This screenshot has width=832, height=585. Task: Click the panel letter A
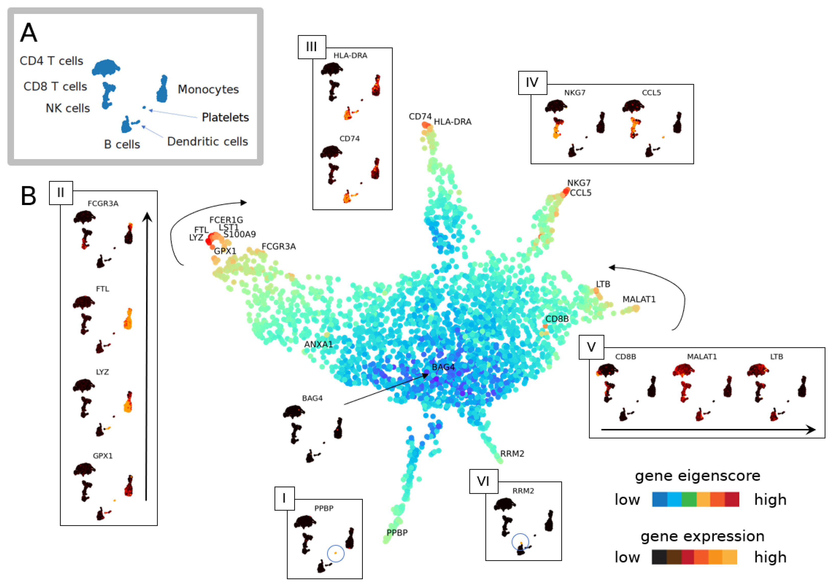pyautogui.click(x=29, y=33)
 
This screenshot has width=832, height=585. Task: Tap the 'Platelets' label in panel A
pyautogui.click(x=225, y=117)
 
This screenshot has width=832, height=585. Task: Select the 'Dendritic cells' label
pyautogui.click(x=207, y=141)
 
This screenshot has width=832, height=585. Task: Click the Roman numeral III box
pyautogui.click(x=312, y=47)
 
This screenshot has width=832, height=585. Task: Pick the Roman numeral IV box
pyautogui.click(x=532, y=83)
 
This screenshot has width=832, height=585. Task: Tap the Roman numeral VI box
pyautogui.click(x=483, y=481)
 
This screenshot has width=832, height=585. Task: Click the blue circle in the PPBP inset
pyautogui.click(x=336, y=553)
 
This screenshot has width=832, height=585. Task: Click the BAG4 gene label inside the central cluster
pyautogui.click(x=443, y=367)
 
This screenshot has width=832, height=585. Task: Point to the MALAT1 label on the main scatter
pyautogui.click(x=639, y=299)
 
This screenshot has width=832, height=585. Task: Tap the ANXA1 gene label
pyautogui.click(x=318, y=344)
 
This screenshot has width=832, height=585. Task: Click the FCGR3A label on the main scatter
pyautogui.click(x=278, y=246)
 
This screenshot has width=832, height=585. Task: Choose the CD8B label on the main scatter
pyautogui.click(x=557, y=319)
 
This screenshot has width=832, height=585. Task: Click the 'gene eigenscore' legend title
pyautogui.click(x=697, y=476)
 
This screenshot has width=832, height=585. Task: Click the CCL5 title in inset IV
pyautogui.click(x=651, y=93)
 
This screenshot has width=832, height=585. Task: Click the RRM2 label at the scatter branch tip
pyautogui.click(x=512, y=453)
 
